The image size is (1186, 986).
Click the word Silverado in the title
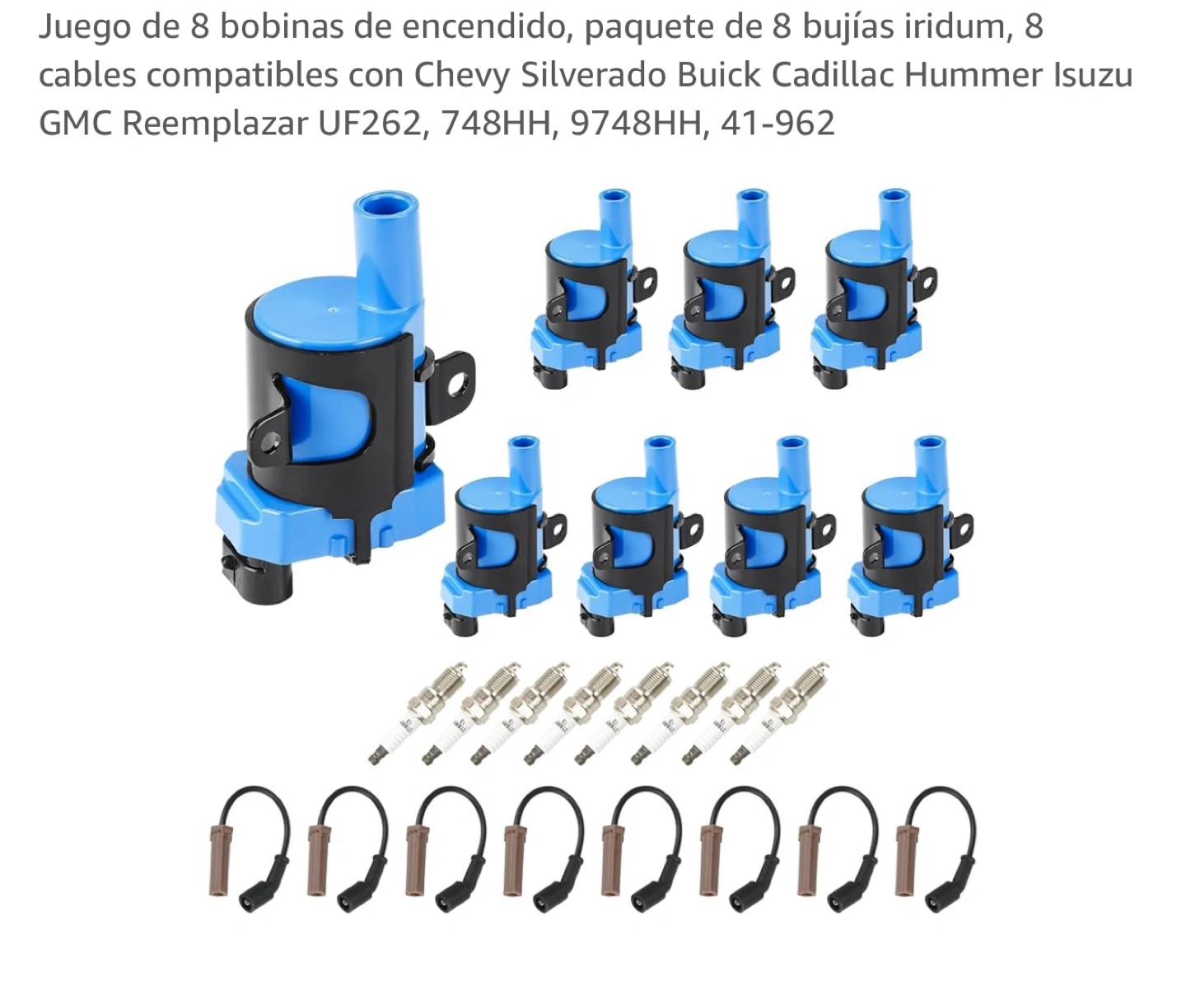[x=593, y=76]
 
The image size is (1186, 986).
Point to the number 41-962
[x=777, y=124]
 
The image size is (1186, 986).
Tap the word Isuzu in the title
[x=1094, y=76]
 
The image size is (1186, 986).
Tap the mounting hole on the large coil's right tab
[x=455, y=386]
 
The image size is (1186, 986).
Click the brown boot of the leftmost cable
[x=219, y=860]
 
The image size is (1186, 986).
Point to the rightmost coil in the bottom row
[x=908, y=535]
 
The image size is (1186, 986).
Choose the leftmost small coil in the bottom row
[x=503, y=535]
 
